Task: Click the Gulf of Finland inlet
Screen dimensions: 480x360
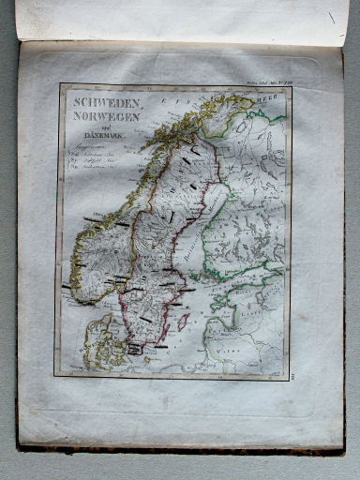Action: [248, 282]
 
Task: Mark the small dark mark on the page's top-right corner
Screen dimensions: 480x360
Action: [331, 17]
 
